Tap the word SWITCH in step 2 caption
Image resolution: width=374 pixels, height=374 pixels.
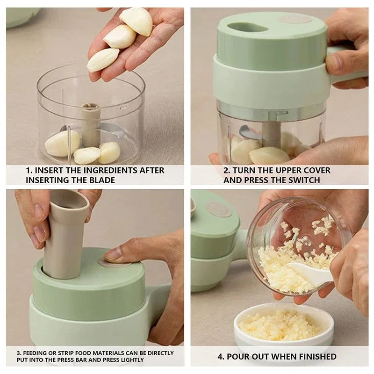(304, 180)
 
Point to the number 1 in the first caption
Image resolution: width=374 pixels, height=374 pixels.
(28, 171)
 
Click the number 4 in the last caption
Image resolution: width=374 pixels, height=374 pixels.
(221, 357)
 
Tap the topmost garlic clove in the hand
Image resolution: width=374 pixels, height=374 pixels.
(136, 21)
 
